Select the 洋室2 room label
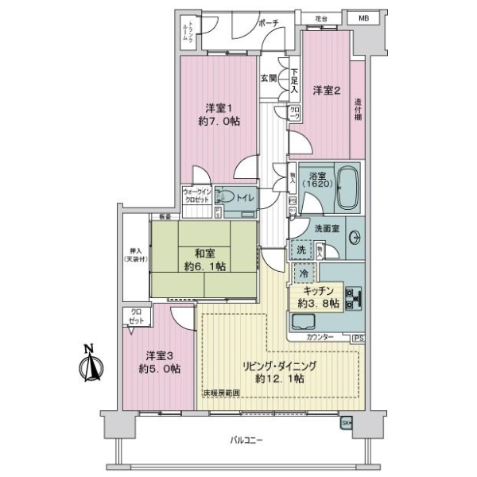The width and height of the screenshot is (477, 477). (x=325, y=91)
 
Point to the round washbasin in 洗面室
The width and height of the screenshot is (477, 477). (x=353, y=237)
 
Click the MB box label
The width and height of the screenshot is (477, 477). (x=362, y=17)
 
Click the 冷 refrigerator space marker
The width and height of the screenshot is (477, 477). (x=304, y=273)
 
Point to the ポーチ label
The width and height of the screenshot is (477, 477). (x=266, y=23)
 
